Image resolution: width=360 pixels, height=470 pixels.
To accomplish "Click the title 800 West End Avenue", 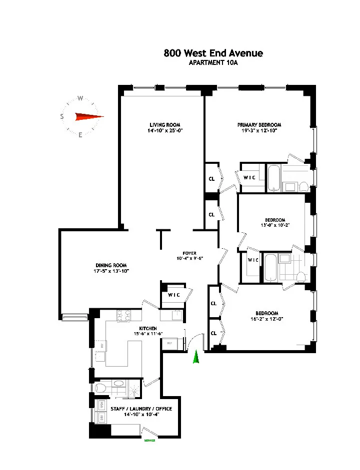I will point(213,53).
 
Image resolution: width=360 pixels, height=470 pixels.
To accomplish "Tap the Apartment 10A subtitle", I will point(213,63).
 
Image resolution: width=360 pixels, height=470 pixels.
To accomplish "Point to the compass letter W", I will point(80,98).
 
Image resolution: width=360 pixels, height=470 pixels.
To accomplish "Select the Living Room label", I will point(164,125).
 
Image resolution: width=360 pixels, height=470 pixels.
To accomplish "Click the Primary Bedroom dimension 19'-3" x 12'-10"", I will point(259,131).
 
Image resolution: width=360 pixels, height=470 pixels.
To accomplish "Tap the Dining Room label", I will point(111,265).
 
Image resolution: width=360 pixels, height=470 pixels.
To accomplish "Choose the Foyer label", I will point(189,253).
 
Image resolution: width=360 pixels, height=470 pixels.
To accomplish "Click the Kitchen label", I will point(148,328).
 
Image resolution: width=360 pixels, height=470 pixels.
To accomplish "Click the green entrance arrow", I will point(196,357).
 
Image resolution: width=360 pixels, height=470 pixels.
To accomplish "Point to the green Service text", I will point(149,441).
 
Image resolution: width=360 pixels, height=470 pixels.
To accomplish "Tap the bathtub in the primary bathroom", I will point(273,177).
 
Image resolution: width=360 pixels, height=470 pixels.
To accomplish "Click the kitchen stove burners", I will point(123,316).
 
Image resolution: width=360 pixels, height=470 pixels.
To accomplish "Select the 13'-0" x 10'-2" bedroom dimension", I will point(274,226).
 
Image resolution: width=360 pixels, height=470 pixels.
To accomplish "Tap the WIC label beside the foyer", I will point(173,295).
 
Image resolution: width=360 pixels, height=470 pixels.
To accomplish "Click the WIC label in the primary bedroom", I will point(249,178).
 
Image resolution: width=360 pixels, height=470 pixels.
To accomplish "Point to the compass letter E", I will point(80,135).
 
